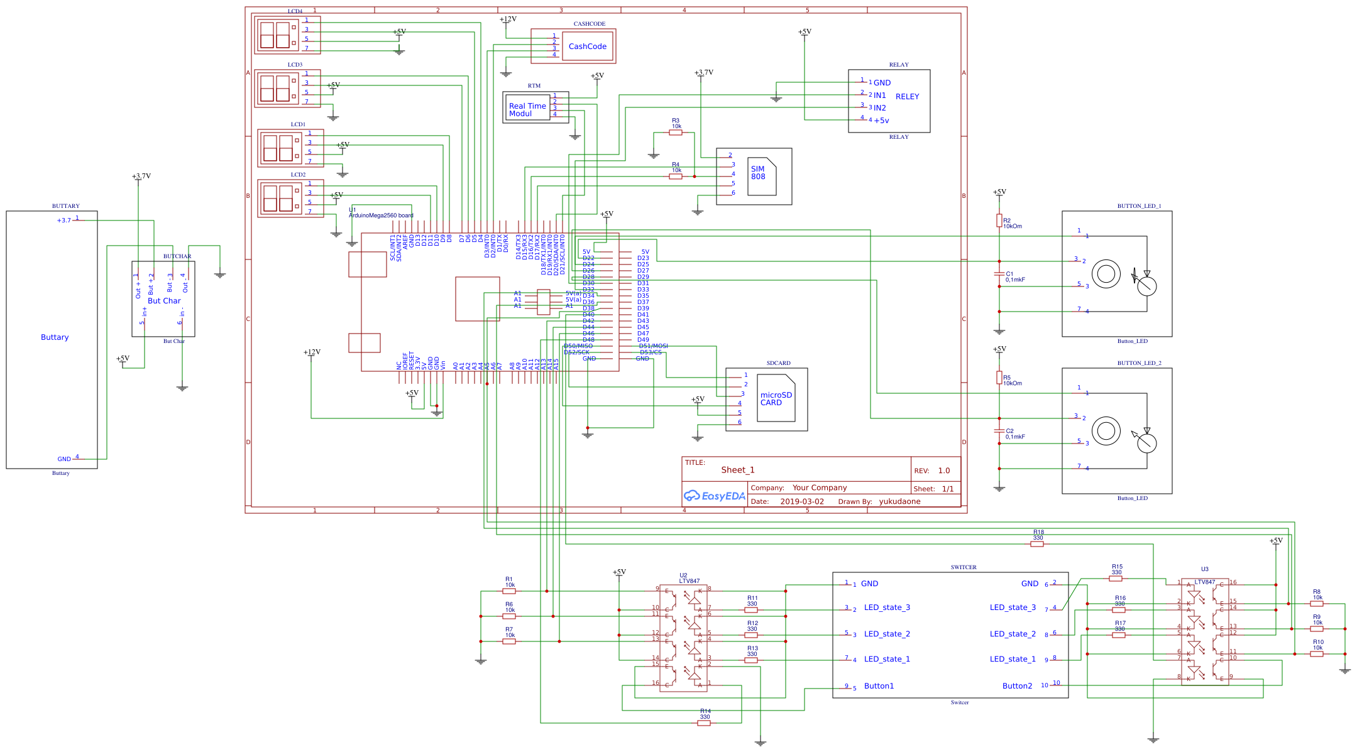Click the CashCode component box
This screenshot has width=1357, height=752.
click(x=587, y=46)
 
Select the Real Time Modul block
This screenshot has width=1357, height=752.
click(x=528, y=109)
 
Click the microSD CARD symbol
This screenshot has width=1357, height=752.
click(x=776, y=399)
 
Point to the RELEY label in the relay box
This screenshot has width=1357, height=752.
click(x=907, y=96)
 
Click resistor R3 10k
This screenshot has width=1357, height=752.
click(x=676, y=133)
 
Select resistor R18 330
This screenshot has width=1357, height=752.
click(x=1037, y=544)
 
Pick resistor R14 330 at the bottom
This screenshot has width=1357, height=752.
click(x=704, y=723)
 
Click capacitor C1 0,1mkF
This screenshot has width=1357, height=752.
click(x=999, y=274)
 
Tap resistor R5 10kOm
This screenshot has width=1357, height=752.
click(x=999, y=377)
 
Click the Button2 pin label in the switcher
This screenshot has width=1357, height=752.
click(x=1017, y=686)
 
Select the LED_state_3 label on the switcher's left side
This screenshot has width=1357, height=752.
click(x=887, y=608)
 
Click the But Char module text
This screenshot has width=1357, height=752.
click(x=164, y=301)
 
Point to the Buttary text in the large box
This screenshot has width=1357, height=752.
click(x=55, y=337)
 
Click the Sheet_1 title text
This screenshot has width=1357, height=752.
click(x=738, y=470)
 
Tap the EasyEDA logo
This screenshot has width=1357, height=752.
click(x=715, y=496)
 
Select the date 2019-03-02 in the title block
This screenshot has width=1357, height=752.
click(x=801, y=501)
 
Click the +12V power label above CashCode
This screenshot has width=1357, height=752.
click(x=508, y=19)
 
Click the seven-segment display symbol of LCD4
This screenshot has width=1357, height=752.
click(x=275, y=35)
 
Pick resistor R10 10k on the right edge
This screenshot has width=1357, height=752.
click(x=1317, y=654)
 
